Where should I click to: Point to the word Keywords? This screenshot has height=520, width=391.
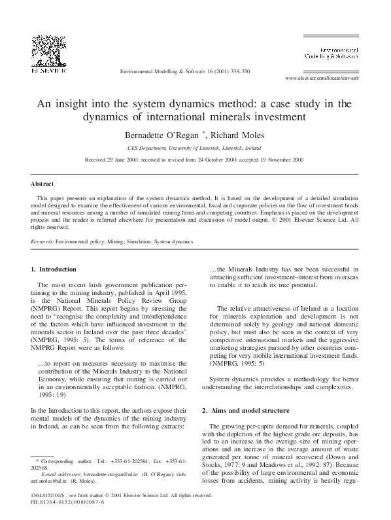42,241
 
